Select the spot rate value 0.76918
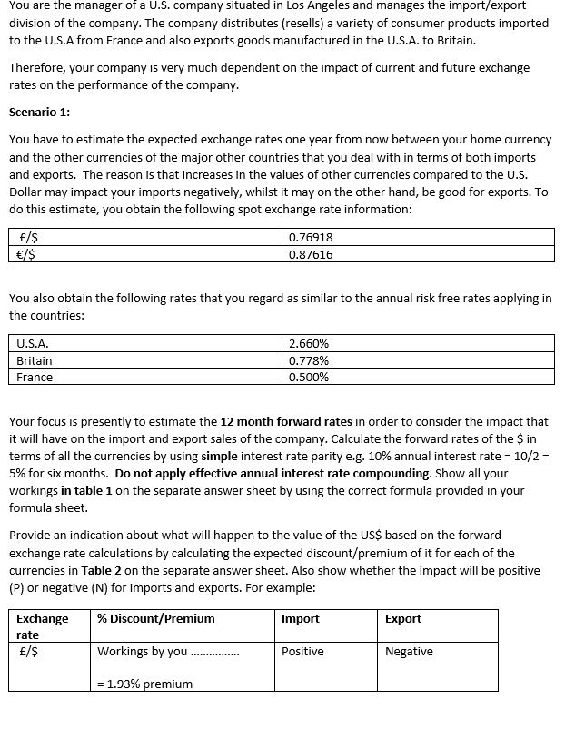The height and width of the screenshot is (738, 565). [x=310, y=237]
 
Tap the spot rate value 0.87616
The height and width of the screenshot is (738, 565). [x=310, y=254]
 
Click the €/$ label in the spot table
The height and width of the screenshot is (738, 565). [x=28, y=254]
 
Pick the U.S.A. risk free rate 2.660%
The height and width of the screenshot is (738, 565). [x=309, y=344]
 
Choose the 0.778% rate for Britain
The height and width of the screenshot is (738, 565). [x=309, y=360]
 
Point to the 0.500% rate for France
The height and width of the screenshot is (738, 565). [x=309, y=377]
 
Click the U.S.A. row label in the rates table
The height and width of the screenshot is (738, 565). [x=33, y=344]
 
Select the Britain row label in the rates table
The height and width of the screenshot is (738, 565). [x=35, y=360]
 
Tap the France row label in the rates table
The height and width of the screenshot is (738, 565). [x=35, y=377]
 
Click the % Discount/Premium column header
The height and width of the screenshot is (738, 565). [x=156, y=618]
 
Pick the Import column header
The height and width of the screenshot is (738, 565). [x=301, y=618]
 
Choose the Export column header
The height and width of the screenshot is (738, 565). [x=403, y=618]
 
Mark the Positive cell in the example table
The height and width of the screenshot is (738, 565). [x=302, y=651]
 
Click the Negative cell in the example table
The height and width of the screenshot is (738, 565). [x=409, y=651]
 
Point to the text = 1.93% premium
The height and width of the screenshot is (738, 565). [x=144, y=684]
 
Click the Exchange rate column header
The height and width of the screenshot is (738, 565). [x=42, y=625]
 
